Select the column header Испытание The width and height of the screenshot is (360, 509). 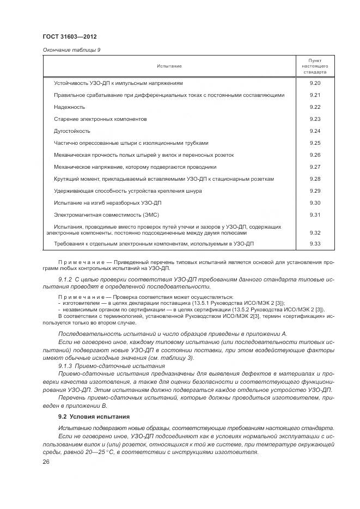point(169,66)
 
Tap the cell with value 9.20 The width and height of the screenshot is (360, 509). point(314,83)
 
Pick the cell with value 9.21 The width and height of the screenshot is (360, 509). point(314,95)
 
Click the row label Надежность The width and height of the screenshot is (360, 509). point(69,107)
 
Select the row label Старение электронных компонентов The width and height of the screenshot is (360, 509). point(100,119)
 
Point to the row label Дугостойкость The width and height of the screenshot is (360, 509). point(72,131)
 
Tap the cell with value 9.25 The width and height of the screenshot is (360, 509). point(314,143)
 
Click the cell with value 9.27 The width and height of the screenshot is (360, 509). point(314,167)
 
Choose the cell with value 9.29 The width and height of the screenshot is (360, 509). point(314,191)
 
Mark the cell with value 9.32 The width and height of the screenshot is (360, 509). point(314,232)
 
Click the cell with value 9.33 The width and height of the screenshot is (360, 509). point(314,243)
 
